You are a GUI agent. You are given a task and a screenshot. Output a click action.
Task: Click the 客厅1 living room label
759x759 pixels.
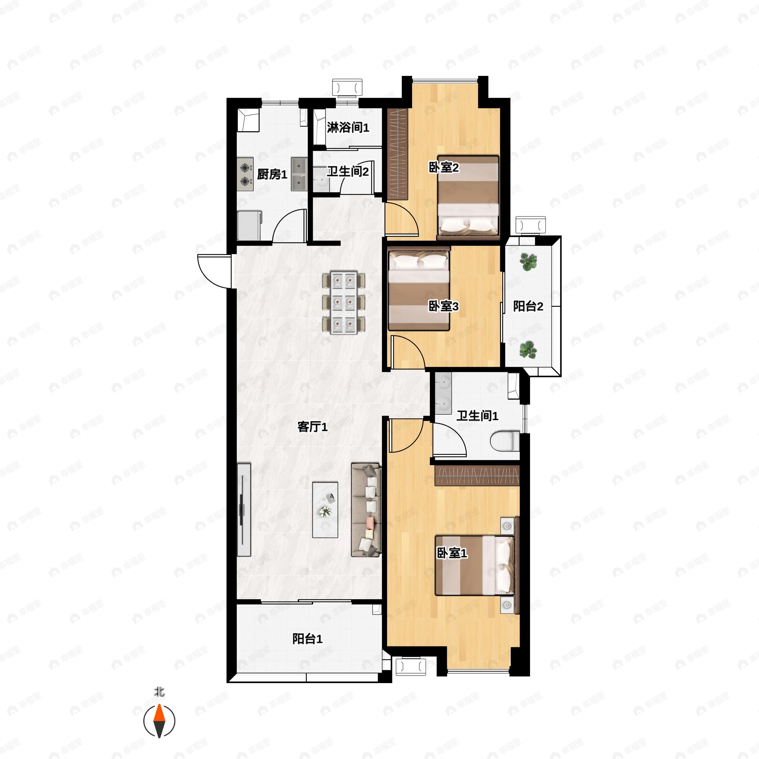coord(312,427)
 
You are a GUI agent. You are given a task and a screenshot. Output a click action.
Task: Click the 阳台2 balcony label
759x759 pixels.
coord(528,306)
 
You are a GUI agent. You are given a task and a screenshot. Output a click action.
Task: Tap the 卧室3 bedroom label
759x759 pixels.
coord(443,306)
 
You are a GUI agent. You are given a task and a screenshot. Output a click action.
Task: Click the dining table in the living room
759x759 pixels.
coord(344,302)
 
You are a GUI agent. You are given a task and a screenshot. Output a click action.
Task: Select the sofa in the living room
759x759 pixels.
coord(366,509)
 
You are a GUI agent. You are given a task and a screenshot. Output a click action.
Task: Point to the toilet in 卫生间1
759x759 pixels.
coord(505,441)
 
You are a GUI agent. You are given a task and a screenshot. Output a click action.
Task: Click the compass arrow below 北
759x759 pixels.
coord(159,721)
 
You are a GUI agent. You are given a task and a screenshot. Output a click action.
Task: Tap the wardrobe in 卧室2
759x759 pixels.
coord(398,154)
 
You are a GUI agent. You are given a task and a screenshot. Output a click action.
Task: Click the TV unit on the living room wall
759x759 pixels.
coord(244,510)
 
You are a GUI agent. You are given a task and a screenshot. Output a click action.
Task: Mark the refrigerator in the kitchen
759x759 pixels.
coord(249,225)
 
